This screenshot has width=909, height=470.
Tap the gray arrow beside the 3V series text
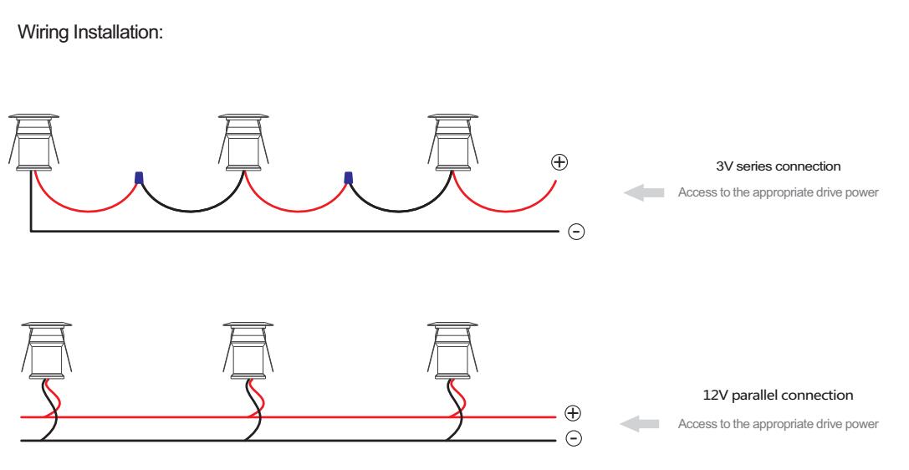643,193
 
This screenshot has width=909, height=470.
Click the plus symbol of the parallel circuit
572,414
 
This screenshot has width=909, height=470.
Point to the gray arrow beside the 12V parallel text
641,423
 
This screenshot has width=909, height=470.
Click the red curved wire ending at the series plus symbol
510,209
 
